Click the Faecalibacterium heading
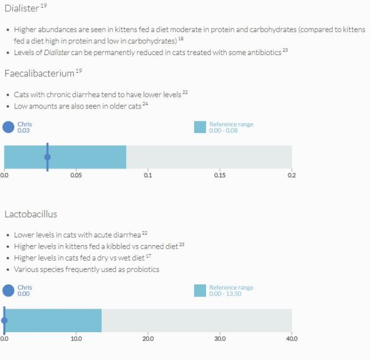tap(39, 73)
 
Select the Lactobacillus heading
tap(31, 214)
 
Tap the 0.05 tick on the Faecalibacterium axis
tap(76, 175)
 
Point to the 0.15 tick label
tap(220, 175)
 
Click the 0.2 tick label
tap(291, 175)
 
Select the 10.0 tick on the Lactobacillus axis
tap(76, 339)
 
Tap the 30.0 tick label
tap(220, 339)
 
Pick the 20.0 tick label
tap(148, 339)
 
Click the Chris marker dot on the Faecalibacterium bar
tap(47, 157)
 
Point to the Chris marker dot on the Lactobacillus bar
tap(4, 320)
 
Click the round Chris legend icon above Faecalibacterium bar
tap(8, 127)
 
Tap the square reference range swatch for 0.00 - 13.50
tap(200, 290)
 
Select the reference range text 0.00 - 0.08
tap(223, 130)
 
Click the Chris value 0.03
tap(24, 130)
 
